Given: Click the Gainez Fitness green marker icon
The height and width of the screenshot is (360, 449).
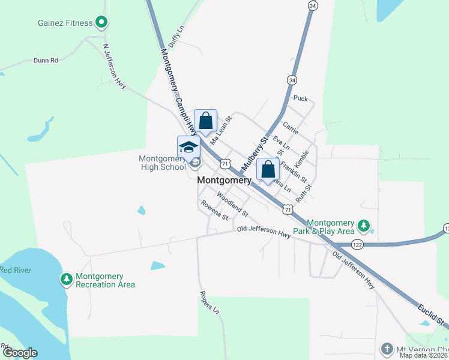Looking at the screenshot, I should [102, 23].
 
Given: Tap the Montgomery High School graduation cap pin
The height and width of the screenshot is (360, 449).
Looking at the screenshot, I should [188, 147].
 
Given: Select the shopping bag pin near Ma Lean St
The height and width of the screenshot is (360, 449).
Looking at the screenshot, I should [205, 120].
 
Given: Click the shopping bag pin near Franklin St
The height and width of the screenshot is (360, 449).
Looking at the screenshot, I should [268, 169].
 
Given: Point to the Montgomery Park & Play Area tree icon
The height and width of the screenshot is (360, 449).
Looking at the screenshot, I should [363, 226].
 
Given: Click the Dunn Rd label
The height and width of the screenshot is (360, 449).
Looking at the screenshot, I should [46, 60].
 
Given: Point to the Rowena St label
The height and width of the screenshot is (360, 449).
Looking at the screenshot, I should [215, 210].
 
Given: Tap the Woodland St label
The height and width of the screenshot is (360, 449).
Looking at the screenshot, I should [232, 203].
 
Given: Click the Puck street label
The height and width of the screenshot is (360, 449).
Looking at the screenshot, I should [300, 98].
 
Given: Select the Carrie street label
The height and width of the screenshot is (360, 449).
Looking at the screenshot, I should [291, 127].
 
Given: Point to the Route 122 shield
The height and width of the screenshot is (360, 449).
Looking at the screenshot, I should [357, 245].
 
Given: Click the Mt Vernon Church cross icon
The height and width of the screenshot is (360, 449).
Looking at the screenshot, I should [387, 348].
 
